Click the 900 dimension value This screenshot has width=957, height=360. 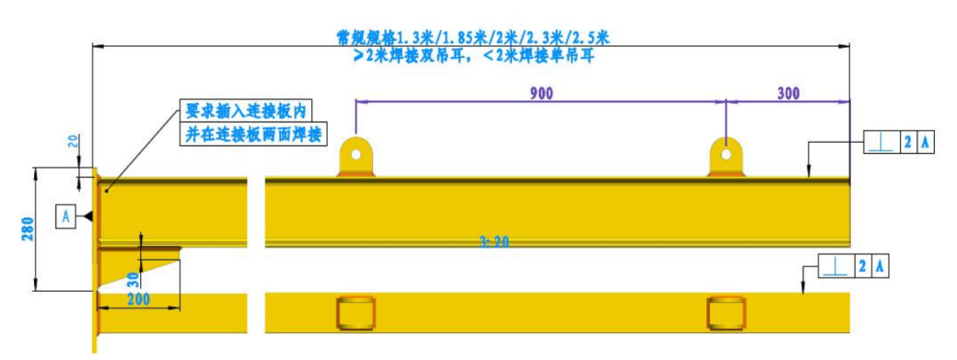542,93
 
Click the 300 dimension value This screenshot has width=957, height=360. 788,93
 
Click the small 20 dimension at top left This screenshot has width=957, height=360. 72,142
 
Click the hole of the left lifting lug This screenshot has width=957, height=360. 356,154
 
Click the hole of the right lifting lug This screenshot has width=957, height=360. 726,154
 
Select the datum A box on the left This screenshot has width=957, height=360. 66,216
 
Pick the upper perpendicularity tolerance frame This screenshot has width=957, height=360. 899,143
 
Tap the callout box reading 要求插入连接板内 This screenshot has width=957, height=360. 245,111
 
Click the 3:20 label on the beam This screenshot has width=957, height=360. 494,242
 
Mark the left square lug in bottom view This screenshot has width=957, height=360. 356,312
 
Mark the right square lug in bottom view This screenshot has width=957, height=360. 726,312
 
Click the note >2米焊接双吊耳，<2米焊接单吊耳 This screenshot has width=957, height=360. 473,57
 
